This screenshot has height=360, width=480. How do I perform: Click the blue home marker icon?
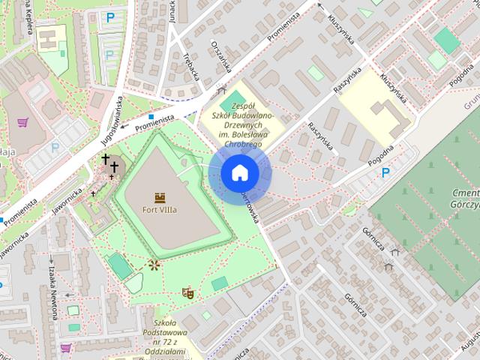click(239, 172)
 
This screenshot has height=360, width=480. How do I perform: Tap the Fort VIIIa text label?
click(159, 210)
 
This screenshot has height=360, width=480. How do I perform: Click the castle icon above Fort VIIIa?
click(159, 197)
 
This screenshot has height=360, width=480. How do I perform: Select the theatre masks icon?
click(187, 292)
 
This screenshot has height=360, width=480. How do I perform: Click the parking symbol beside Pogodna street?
click(386, 173)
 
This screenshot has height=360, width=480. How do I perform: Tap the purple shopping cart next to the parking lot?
click(23, 122)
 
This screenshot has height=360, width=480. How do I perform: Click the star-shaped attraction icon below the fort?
click(154, 265)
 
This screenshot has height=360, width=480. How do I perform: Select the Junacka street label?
click(172, 10)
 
